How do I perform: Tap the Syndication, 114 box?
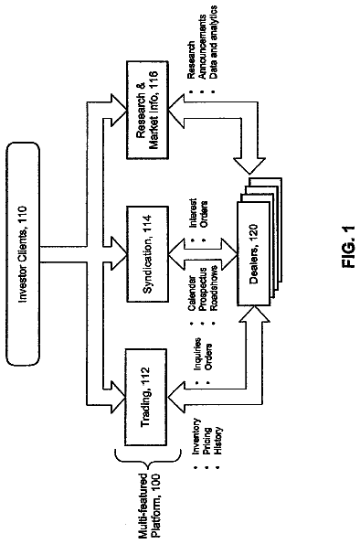tap(148, 254)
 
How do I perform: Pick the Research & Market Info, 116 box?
tap(148, 110)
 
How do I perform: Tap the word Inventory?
tap(196, 436)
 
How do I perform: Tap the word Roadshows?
tap(213, 288)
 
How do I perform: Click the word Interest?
tap(193, 213)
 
